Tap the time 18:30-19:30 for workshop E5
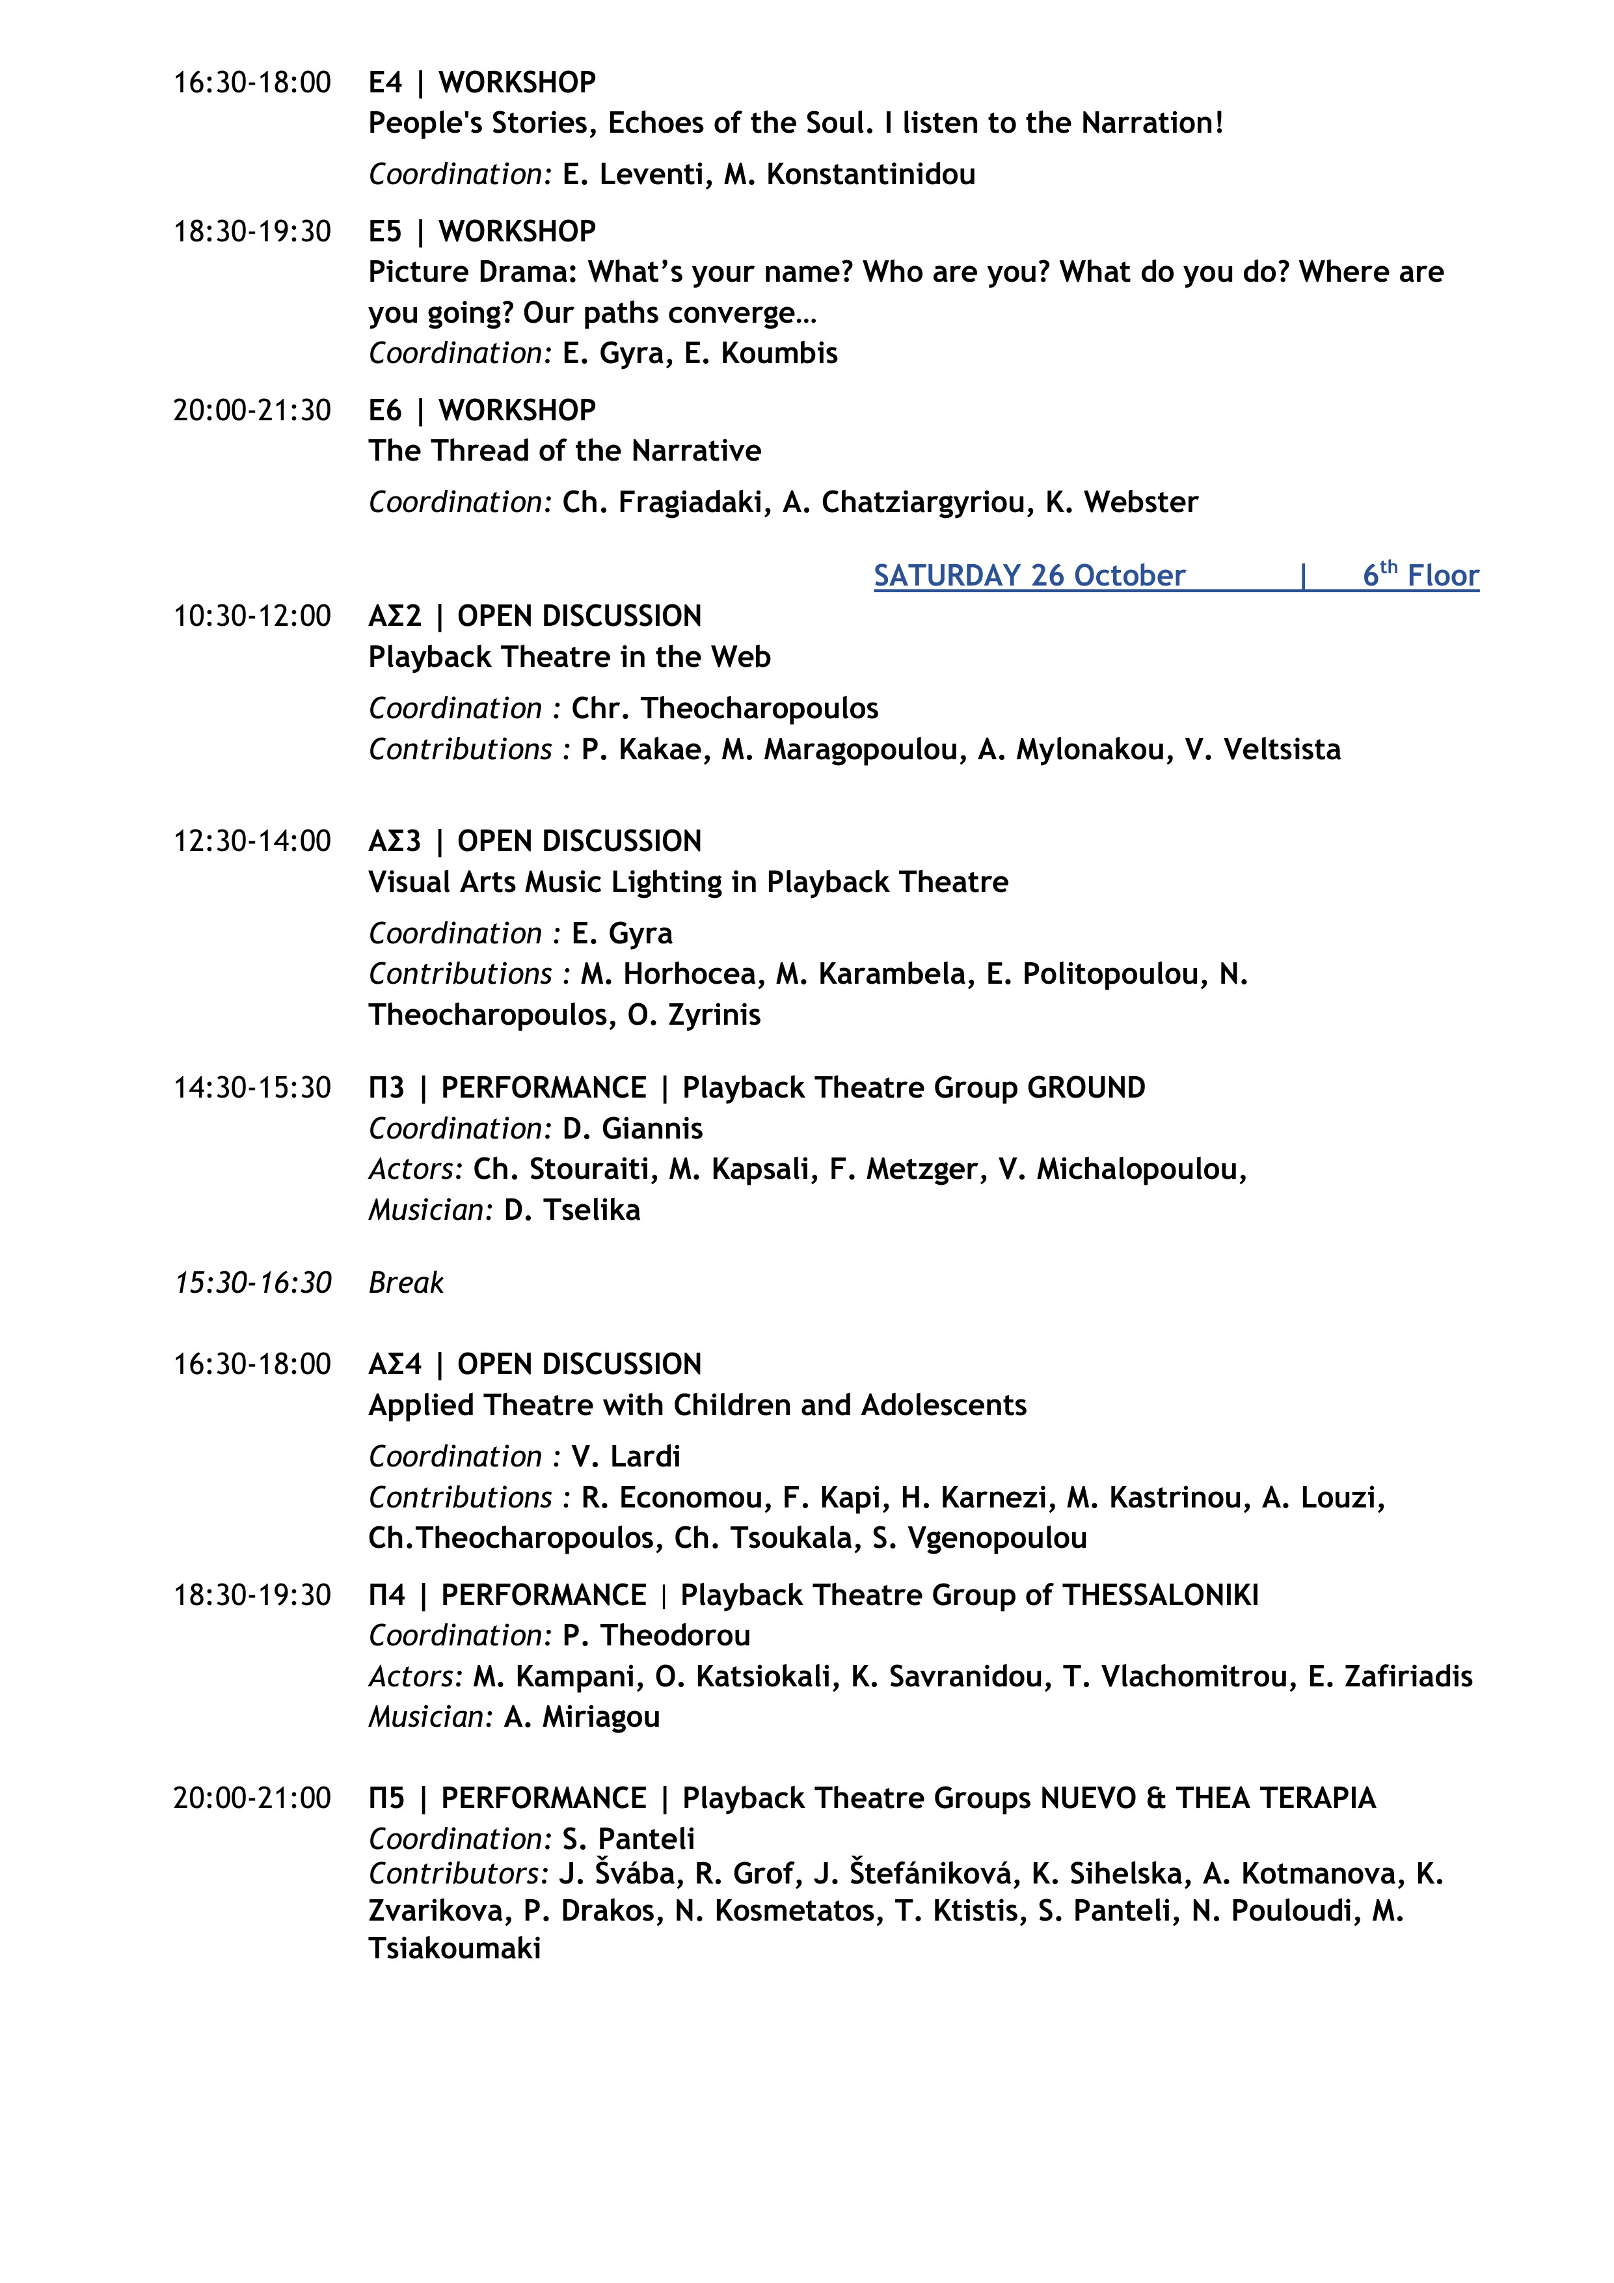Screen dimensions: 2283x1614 pos(252,232)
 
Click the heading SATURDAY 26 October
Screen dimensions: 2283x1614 pos(1029,576)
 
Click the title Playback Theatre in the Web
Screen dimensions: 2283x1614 pos(569,657)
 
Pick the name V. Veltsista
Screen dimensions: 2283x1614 pos(1262,749)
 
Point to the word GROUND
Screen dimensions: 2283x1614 pos(1086,1088)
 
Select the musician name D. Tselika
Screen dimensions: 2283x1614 pos(572,1210)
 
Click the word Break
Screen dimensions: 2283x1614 pos(406,1283)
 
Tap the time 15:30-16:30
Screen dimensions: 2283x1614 pos(252,1283)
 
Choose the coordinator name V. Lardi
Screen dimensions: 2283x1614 pos(626,1457)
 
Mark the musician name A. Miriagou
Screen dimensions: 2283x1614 pos(582,1716)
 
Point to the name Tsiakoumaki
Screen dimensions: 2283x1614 pos(455,1948)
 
